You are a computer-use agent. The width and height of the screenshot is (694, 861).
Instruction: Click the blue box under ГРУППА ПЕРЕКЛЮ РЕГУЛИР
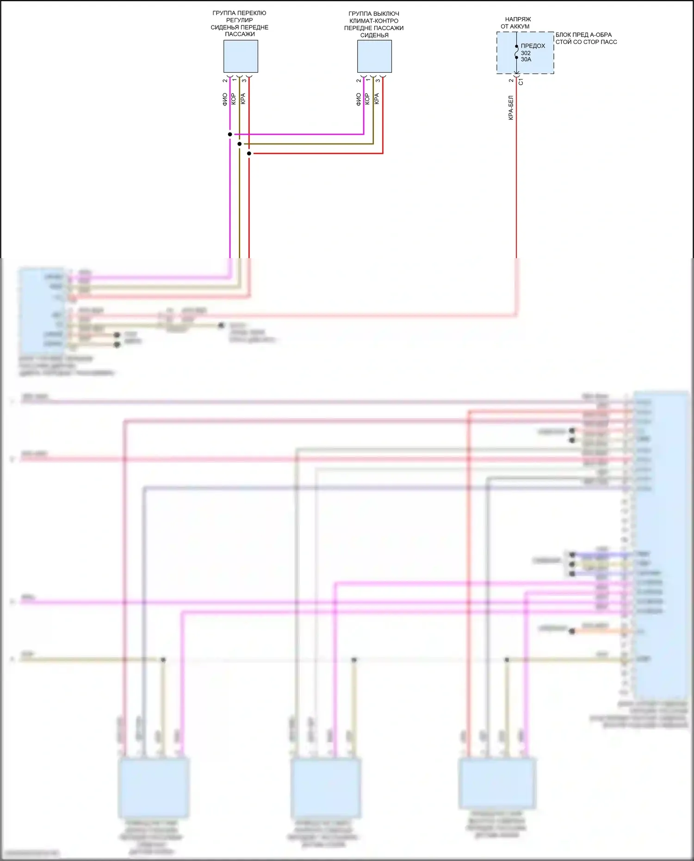[x=241, y=56]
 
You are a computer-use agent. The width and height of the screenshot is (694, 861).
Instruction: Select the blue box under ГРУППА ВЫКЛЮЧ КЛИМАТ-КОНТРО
[x=374, y=56]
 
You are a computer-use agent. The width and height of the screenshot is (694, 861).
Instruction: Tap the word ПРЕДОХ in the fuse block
[x=533, y=46]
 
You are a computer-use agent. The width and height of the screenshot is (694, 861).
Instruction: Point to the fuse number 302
[x=526, y=53]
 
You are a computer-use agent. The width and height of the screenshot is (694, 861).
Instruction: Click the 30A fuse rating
[x=526, y=59]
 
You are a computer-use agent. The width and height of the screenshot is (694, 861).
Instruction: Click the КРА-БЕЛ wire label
[x=511, y=108]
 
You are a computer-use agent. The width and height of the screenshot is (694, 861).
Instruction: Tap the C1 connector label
[x=521, y=81]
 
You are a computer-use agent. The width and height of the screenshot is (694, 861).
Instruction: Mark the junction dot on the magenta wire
[x=230, y=134]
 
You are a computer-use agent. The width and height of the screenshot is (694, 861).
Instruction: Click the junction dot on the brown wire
[x=240, y=144]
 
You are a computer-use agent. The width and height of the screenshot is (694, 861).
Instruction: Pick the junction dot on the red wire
[x=249, y=153]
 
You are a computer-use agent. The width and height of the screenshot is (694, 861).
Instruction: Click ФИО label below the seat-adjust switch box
[x=225, y=99]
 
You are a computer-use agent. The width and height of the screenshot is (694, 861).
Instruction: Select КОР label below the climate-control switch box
[x=367, y=99]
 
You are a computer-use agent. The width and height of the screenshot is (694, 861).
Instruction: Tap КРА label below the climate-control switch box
[x=377, y=99]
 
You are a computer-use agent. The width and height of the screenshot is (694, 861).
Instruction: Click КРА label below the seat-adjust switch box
[x=243, y=99]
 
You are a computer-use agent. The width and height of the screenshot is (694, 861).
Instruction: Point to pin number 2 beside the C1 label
[x=511, y=81]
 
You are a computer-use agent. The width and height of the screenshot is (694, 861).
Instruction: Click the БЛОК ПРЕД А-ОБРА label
[x=583, y=35]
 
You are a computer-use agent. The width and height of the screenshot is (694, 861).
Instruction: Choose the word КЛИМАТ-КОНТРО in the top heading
[x=374, y=21]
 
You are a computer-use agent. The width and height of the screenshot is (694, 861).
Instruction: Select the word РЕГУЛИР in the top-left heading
[x=239, y=20]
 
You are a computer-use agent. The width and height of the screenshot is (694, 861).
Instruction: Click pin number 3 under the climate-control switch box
[x=378, y=81]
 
